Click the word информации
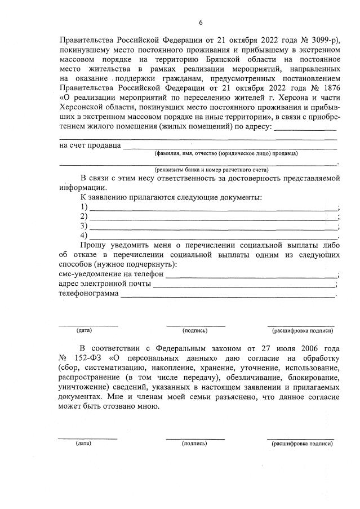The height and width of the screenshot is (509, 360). [81, 188]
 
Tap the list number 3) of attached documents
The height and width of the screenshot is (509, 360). [85, 226]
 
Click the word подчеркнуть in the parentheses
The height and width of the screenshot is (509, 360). [154, 264]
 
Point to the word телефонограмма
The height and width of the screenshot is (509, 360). [88, 293]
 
